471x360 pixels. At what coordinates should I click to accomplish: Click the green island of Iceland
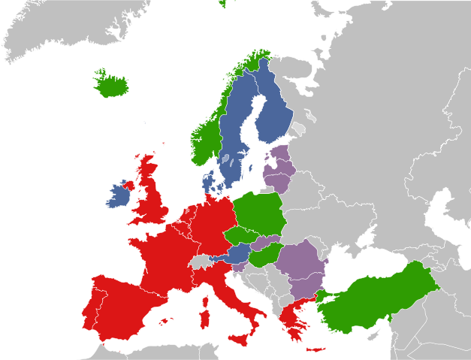[x=111, y=84]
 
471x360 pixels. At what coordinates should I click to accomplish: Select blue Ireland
[x=118, y=196]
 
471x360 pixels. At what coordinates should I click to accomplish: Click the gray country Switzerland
[x=201, y=262]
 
